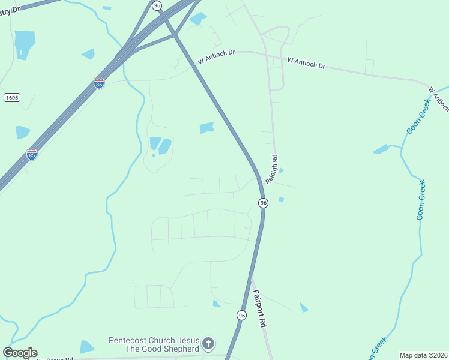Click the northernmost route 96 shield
[157, 5]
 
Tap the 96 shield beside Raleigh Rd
[263, 203]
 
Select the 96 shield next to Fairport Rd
[241, 316]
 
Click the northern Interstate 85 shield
[99, 83]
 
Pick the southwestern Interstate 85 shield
[32, 155]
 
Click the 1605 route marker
[11, 97]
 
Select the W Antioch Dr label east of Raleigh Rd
[306, 63]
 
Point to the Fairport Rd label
[259, 308]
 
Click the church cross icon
[208, 344]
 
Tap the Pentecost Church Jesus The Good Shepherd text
[154, 344]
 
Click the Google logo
[20, 353]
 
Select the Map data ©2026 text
[423, 355]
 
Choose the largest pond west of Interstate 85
[25, 43]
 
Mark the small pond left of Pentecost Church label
[87, 347]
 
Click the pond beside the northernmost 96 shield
[197, 19]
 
